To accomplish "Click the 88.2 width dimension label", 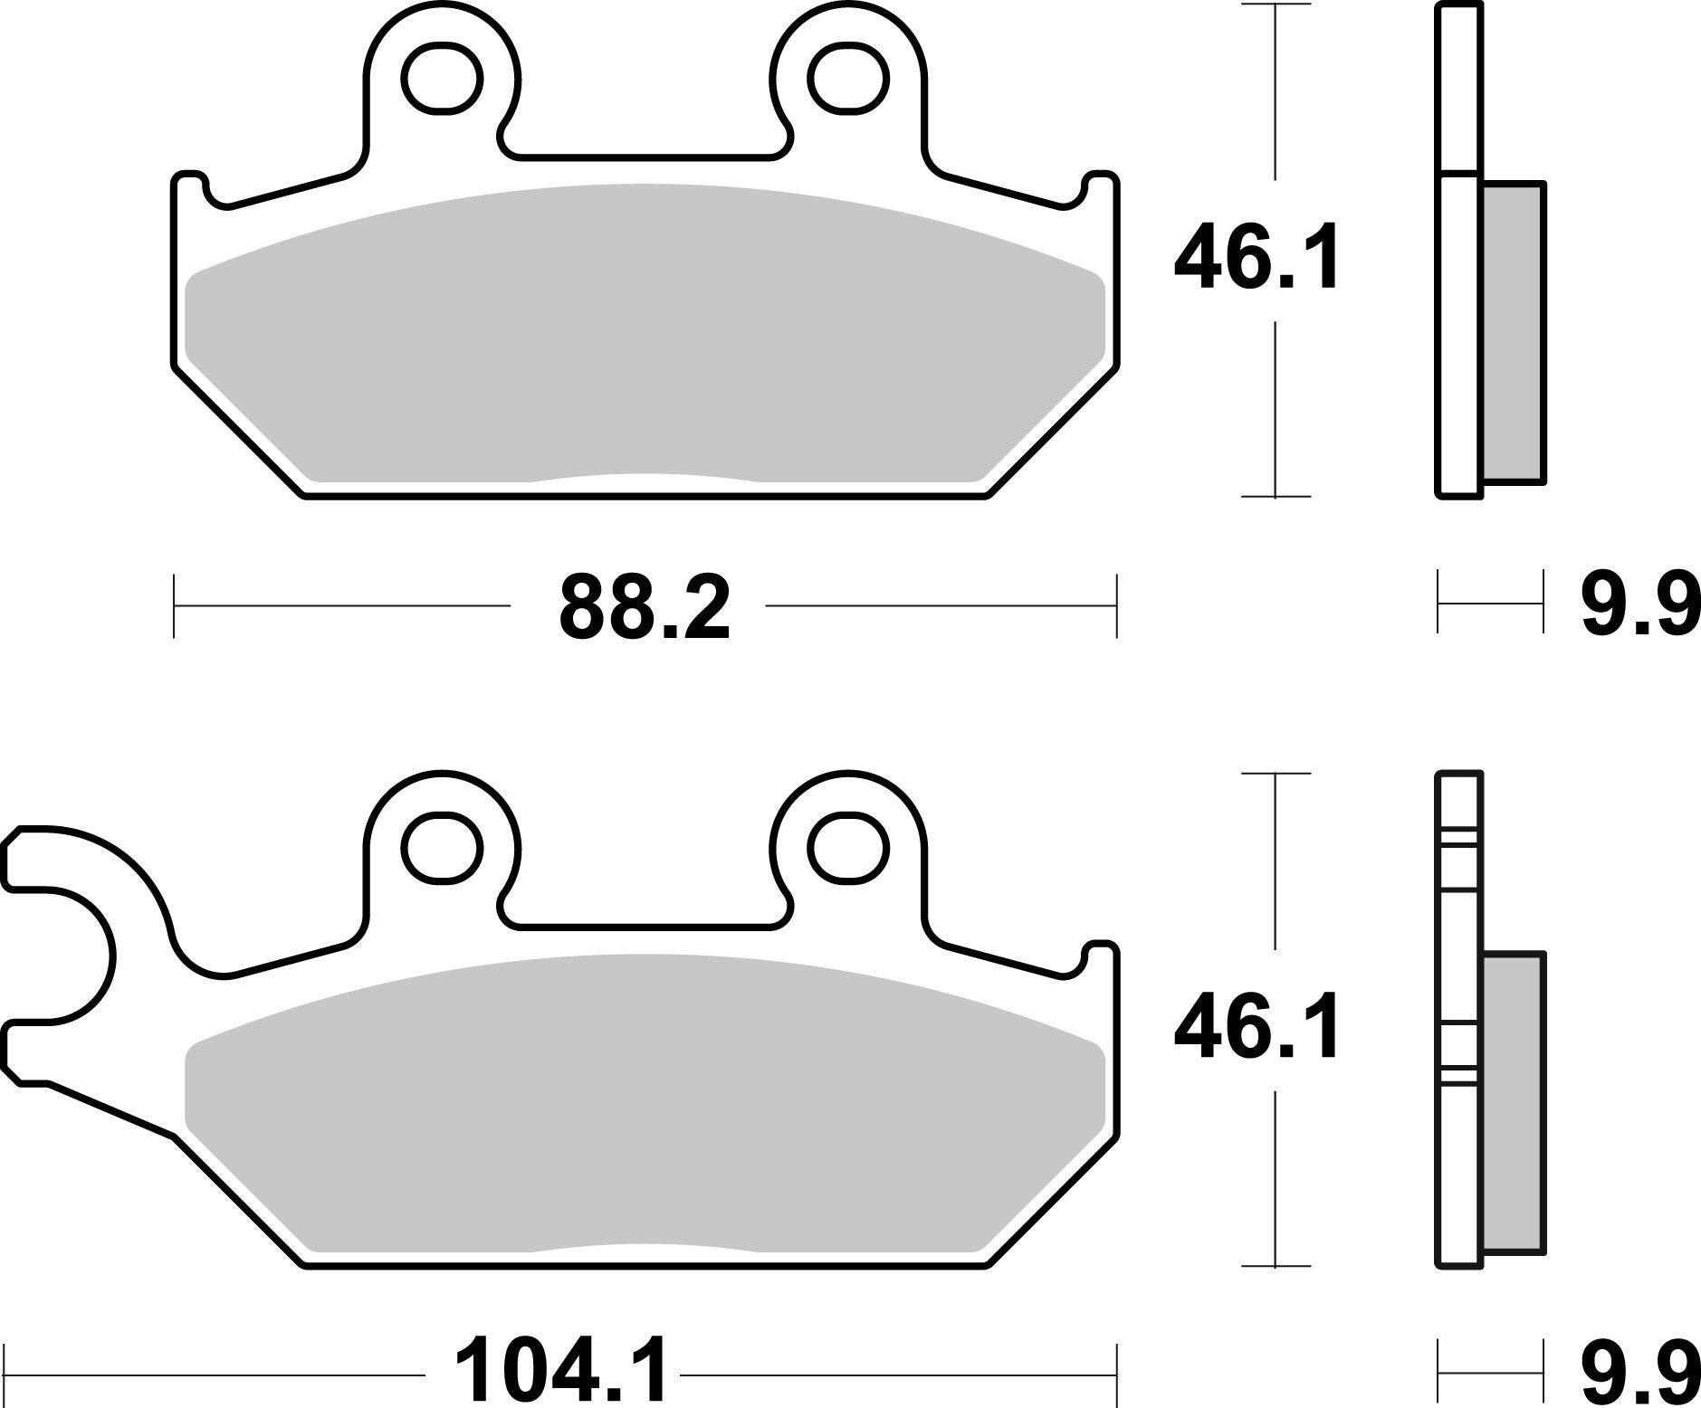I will pos(644,607).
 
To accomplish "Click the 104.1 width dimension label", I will pos(560,1372).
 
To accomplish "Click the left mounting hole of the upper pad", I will pos(443,80).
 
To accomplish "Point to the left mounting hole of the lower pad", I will pos(443,849).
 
